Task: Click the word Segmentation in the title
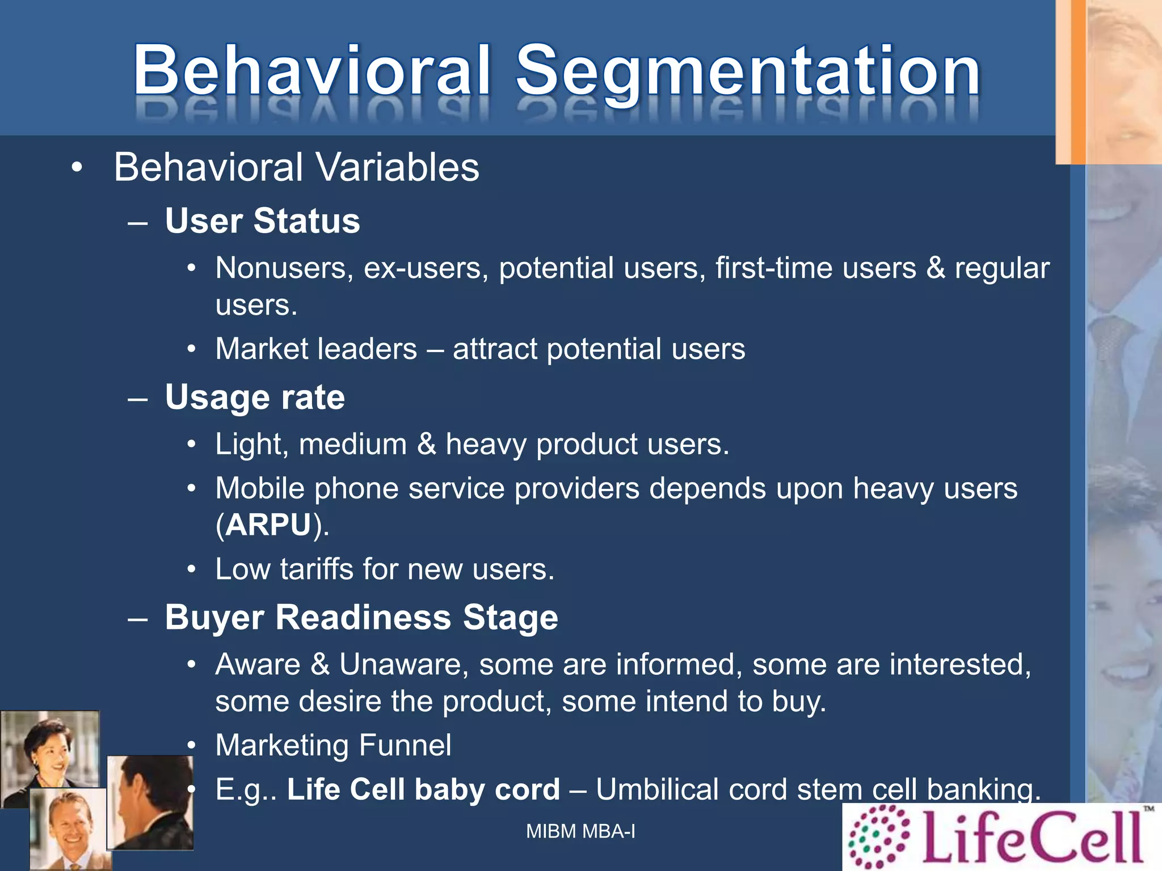point(748,71)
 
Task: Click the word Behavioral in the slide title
point(311,71)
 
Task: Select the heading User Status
point(262,221)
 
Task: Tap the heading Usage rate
point(255,397)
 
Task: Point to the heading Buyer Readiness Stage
point(361,617)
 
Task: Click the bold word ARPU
point(268,525)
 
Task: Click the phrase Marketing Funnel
point(333,745)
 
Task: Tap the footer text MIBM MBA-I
point(580,831)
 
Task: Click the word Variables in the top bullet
point(397,167)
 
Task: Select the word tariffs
point(316,569)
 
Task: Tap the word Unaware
point(403,664)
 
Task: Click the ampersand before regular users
point(935,268)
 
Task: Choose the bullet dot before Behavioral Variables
point(77,168)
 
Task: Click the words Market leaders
point(316,349)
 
